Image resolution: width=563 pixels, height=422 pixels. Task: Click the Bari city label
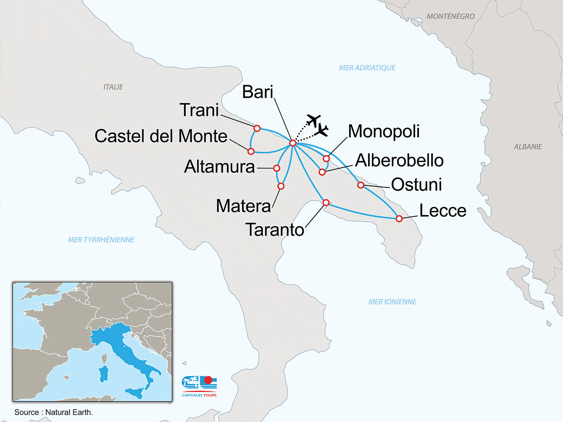(257, 92)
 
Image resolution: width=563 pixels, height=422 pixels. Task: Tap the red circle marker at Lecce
(399, 219)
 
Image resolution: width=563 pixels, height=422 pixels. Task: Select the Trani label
(199, 110)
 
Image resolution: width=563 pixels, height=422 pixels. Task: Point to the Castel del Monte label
(161, 136)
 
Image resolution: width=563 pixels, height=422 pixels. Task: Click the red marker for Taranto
(326, 203)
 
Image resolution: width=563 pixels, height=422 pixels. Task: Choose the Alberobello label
(399, 160)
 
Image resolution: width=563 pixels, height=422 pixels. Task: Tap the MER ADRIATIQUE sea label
(367, 68)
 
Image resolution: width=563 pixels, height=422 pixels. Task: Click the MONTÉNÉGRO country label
(450, 17)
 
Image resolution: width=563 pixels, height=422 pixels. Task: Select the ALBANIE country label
(528, 147)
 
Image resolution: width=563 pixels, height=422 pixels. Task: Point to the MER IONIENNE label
(392, 302)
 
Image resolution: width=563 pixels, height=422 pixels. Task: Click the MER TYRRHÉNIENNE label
(101, 240)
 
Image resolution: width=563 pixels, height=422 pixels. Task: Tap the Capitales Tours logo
(199, 386)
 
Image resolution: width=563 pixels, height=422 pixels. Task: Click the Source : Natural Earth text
(54, 412)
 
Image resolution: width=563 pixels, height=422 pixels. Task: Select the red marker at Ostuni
(361, 185)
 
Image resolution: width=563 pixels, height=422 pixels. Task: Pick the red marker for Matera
(281, 186)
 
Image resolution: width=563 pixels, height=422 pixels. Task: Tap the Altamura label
(220, 167)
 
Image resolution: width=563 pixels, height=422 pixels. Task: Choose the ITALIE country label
(113, 87)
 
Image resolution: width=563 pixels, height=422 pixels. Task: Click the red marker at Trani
(257, 128)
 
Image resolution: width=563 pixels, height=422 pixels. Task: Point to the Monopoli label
(384, 131)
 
